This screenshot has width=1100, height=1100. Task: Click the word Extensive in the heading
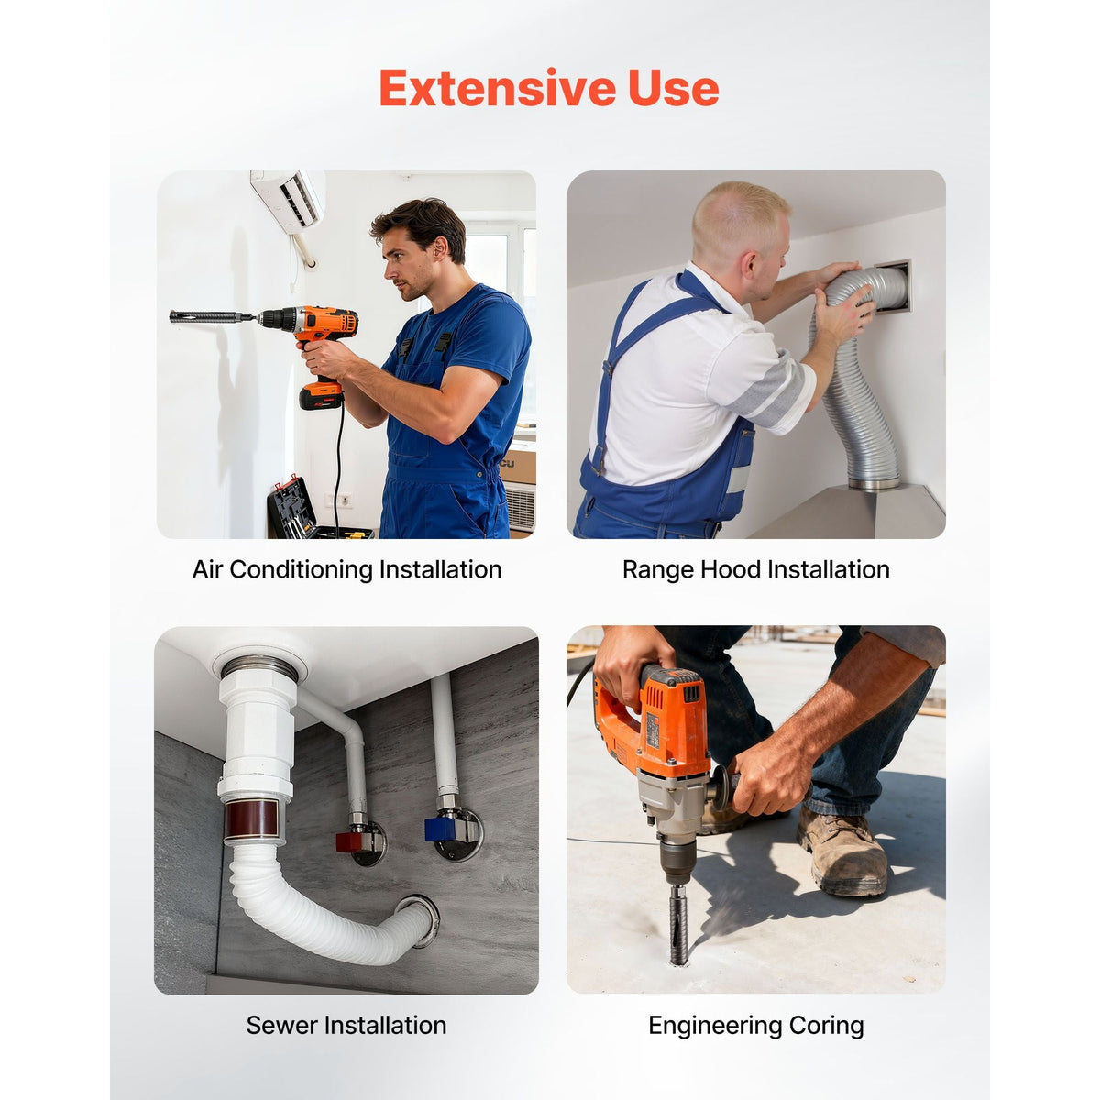click(498, 89)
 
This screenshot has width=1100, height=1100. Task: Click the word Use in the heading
click(674, 89)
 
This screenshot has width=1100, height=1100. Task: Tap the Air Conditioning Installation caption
click(346, 569)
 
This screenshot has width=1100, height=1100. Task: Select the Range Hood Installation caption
click(755, 569)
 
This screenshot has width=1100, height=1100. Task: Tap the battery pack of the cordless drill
click(321, 394)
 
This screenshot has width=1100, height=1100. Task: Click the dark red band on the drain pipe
click(252, 819)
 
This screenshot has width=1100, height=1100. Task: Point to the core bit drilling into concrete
click(678, 924)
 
